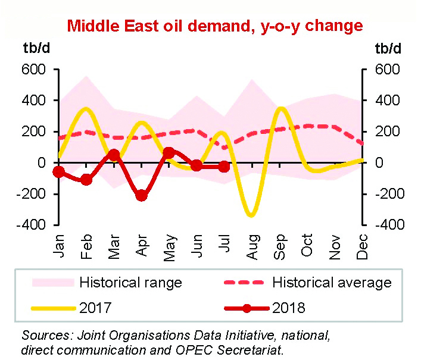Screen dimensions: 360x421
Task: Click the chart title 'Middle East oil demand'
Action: click(214, 26)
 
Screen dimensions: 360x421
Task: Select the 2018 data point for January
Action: click(58, 172)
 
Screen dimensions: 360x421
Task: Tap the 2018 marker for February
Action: click(86, 179)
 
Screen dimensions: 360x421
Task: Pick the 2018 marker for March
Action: click(114, 155)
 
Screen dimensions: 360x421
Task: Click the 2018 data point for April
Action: click(141, 195)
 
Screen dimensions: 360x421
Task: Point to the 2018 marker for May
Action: click(169, 153)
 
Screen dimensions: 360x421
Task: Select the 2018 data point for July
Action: click(224, 167)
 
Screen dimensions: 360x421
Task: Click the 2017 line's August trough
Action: click(251, 214)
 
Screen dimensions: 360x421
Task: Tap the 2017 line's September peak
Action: click(279, 108)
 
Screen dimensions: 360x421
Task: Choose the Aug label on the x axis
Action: click(251, 246)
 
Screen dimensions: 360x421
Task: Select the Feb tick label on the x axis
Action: click(86, 246)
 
